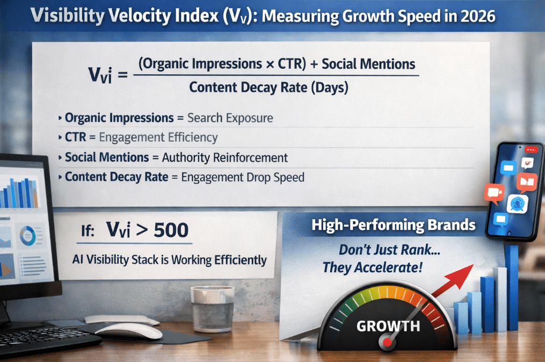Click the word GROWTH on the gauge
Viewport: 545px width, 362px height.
(x=388, y=325)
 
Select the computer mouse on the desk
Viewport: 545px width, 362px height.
(x=129, y=331)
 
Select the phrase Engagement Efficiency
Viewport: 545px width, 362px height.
(x=158, y=137)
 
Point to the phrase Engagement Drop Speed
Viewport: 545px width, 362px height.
(x=243, y=176)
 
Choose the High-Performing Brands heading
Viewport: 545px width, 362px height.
(x=394, y=225)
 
